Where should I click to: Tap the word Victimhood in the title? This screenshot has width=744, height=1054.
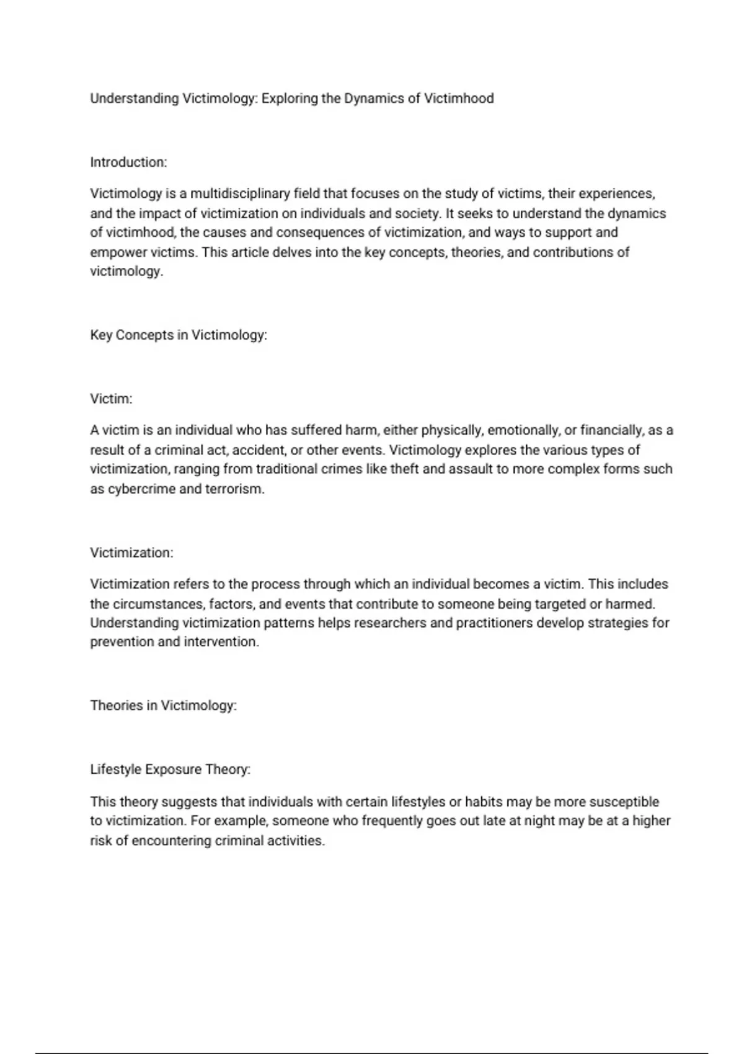(x=459, y=99)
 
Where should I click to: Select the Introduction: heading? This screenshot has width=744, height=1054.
(x=128, y=162)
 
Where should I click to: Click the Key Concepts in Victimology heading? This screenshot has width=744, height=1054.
(x=179, y=335)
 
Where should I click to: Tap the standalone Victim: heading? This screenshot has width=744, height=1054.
(x=111, y=399)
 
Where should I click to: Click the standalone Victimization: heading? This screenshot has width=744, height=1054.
(x=131, y=552)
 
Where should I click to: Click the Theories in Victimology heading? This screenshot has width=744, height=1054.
(x=163, y=706)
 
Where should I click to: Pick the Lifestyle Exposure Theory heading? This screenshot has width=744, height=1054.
(x=170, y=769)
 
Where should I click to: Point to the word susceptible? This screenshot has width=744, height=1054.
(x=624, y=802)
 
